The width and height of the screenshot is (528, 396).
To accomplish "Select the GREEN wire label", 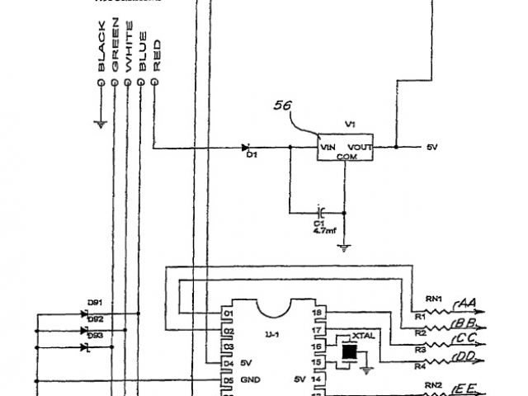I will (115, 51).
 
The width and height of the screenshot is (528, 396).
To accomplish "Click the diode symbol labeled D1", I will (246, 148).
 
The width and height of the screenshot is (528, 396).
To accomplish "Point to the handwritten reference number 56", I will (283, 106).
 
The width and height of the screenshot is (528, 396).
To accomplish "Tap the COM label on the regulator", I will (346, 156).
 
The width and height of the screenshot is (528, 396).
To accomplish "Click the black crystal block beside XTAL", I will (349, 352).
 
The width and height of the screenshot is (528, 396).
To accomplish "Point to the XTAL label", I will (363, 337).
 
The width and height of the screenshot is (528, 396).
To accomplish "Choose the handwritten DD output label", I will (466, 357).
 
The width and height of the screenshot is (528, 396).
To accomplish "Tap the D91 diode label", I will (93, 303).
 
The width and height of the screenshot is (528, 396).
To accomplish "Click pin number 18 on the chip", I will (316, 313).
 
